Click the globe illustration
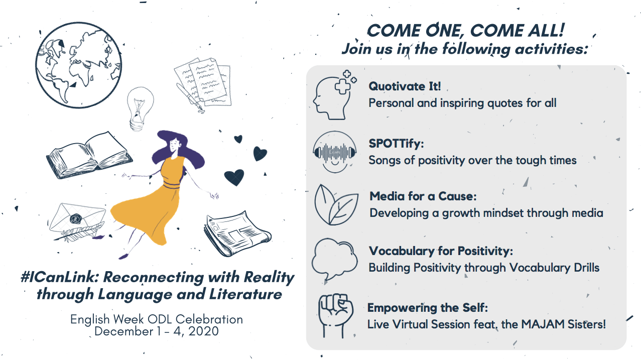click(79, 65)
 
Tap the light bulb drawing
click(140, 109)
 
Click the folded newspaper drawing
click(237, 233)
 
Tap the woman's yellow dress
click(152, 200)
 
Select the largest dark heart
click(234, 177)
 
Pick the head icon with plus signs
click(334, 95)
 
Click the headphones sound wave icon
click(334, 152)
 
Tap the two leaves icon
click(336, 205)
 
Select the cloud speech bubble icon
click(334, 259)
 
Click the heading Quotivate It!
click(405, 86)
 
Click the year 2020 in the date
click(203, 331)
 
